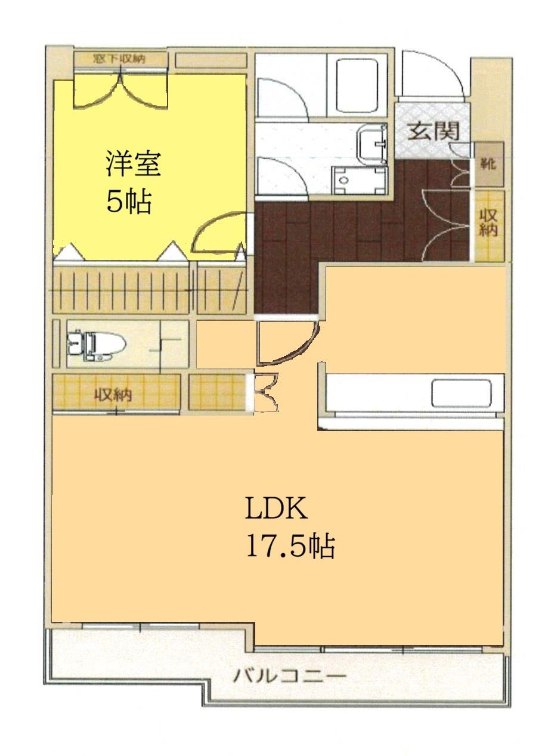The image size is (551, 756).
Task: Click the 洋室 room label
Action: [x=134, y=165]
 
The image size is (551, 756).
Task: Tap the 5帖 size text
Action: [x=128, y=203]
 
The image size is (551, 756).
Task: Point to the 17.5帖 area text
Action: [x=290, y=546]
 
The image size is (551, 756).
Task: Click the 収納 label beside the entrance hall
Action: [x=488, y=222]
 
